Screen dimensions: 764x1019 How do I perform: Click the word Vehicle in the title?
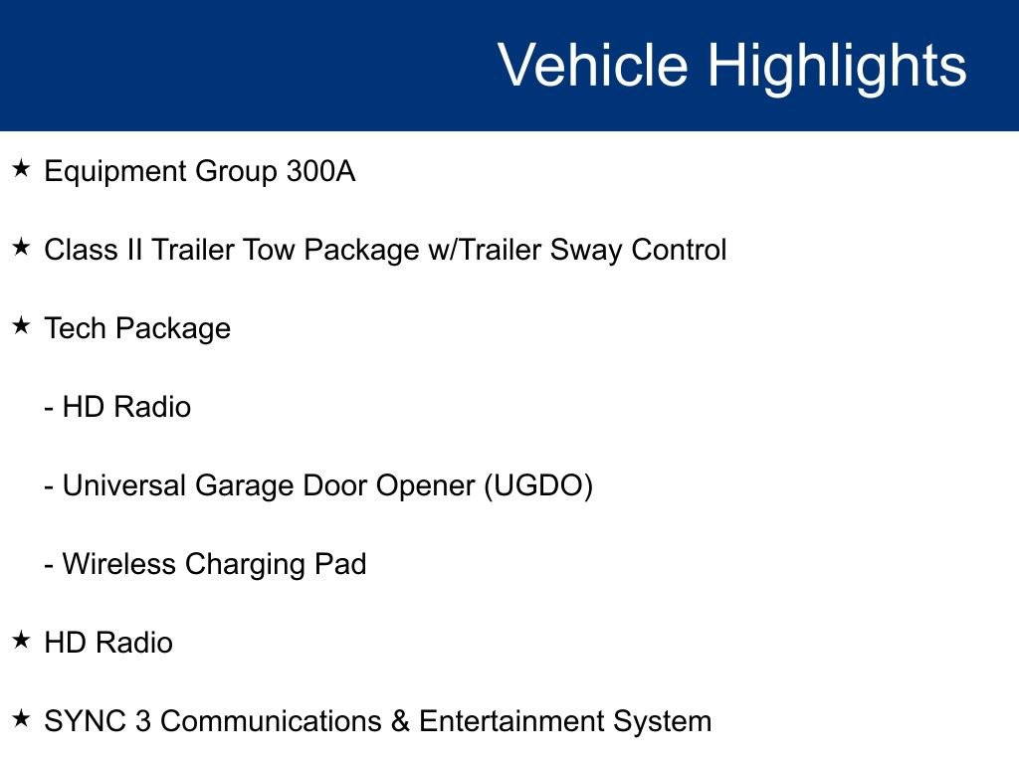point(592,66)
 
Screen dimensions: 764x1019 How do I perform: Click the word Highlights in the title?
point(837,66)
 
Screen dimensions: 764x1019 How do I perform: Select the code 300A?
point(320,172)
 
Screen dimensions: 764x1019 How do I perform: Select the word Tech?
point(75,328)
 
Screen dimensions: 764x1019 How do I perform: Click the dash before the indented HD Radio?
point(50,409)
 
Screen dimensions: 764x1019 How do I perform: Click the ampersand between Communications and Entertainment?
point(400,721)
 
